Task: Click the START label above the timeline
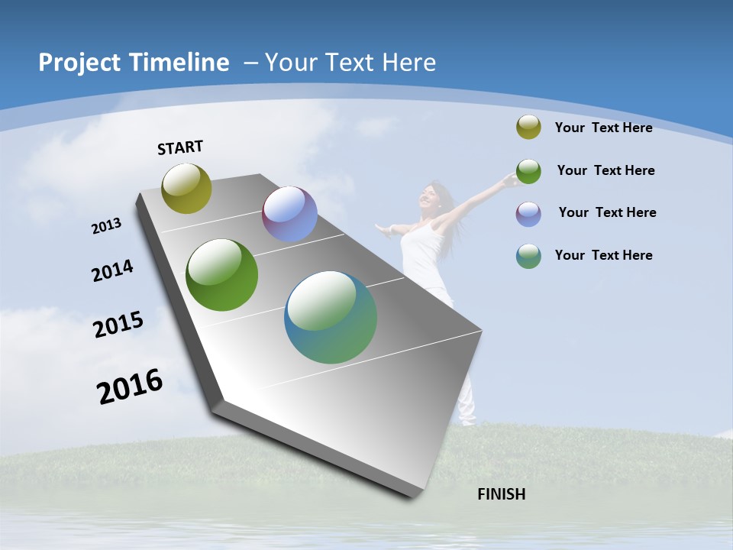tap(180, 147)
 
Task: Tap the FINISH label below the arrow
tap(502, 494)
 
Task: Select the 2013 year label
tap(107, 226)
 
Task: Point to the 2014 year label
tap(113, 271)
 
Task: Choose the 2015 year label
tap(118, 324)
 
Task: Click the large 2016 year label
tap(130, 387)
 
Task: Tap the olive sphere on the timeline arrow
tap(187, 188)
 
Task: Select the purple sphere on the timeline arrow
tap(289, 214)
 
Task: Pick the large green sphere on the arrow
tap(222, 275)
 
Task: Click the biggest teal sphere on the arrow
tap(331, 317)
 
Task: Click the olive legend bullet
tap(528, 128)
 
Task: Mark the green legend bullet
tap(528, 171)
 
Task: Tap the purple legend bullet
tap(528, 213)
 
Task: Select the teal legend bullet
tap(528, 256)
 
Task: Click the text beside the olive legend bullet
tap(603, 128)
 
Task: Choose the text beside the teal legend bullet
tap(603, 255)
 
